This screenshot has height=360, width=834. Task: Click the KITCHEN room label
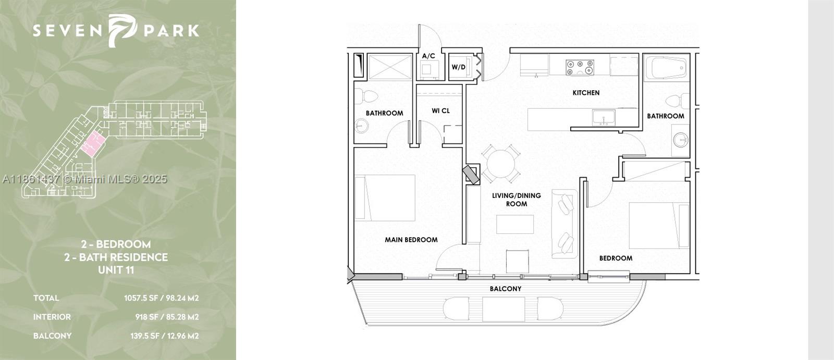pyautogui.click(x=586, y=93)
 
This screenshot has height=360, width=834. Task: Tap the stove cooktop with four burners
pyautogui.click(x=580, y=67)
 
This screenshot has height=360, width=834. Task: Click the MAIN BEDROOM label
pyautogui.click(x=411, y=240)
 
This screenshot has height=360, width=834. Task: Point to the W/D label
pyautogui.click(x=458, y=67)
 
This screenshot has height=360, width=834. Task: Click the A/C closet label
pyautogui.click(x=428, y=56)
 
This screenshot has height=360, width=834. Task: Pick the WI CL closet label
pyautogui.click(x=440, y=111)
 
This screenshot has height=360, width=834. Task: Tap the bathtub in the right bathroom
pyautogui.click(x=666, y=68)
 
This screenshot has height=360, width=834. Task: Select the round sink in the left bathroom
pyautogui.click(x=361, y=126)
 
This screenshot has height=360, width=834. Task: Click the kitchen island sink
pyautogui.click(x=604, y=117)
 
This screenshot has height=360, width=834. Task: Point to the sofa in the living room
pyautogui.click(x=565, y=224)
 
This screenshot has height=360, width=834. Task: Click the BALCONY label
pyautogui.click(x=505, y=289)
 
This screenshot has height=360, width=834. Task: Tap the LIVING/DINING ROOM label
pyautogui.click(x=516, y=200)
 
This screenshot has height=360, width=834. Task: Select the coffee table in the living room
pyautogui.click(x=515, y=224)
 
